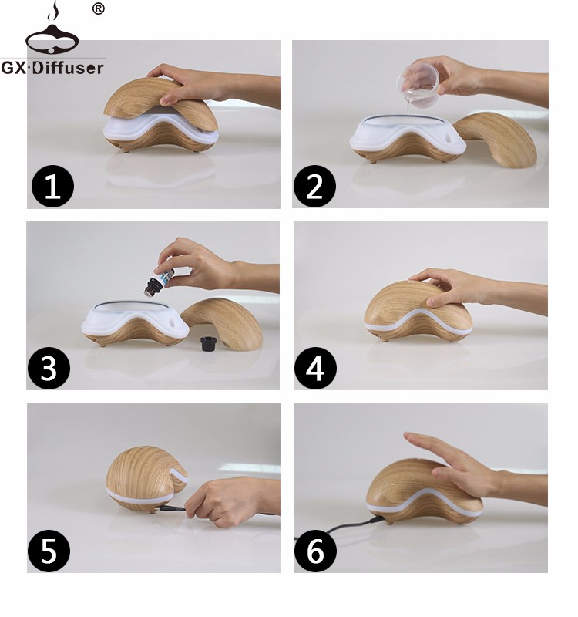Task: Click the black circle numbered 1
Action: (52, 186)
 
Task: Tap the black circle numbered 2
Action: (314, 186)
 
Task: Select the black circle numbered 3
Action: (49, 369)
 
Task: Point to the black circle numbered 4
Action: (315, 369)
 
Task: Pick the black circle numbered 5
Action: (49, 551)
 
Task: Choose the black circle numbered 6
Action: (315, 551)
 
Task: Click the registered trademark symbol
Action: (99, 8)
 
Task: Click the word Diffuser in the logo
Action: (68, 68)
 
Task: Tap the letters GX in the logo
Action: (13, 68)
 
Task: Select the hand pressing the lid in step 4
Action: (472, 289)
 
